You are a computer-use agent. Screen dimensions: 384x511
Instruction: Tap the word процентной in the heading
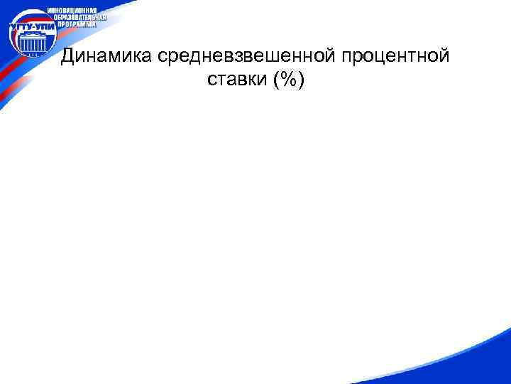(397, 57)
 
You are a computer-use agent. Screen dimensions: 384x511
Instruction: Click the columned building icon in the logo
(29, 46)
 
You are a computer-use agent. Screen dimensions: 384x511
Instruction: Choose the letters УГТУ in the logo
(18, 28)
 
